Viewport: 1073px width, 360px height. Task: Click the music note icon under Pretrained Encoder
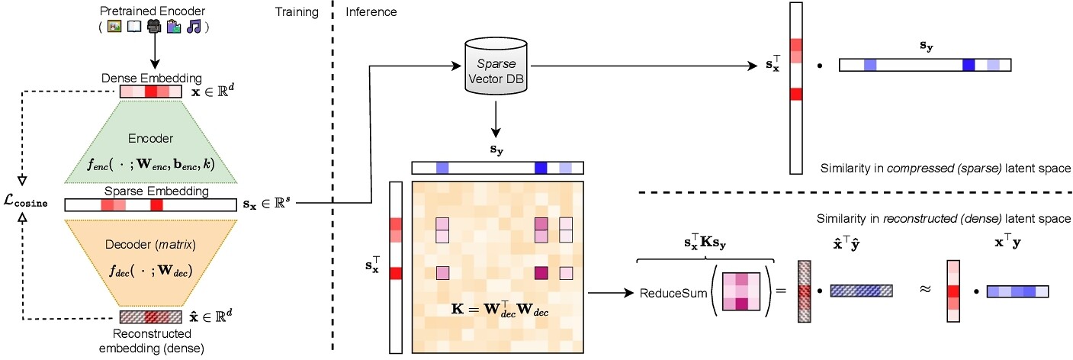pos(194,27)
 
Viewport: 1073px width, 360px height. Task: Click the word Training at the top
pos(296,12)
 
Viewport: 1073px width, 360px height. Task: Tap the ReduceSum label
pos(666,293)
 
